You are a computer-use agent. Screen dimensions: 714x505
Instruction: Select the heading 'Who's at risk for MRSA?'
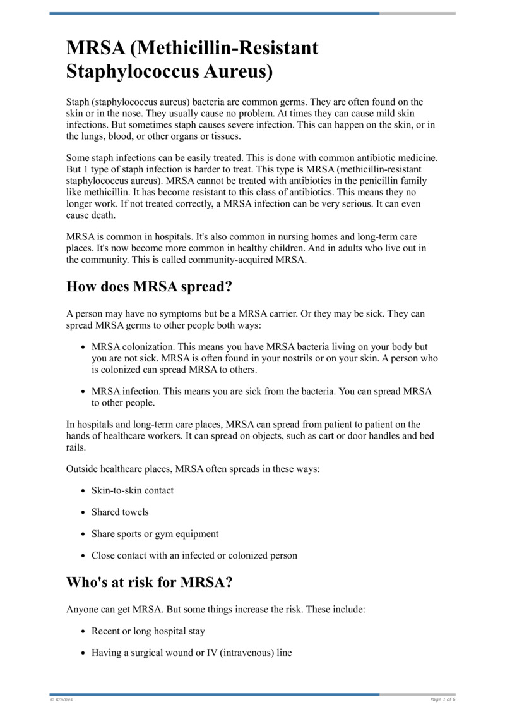[146, 582]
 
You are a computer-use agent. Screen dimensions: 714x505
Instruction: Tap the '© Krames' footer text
[61, 699]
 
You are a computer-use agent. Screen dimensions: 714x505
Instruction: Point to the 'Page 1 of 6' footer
[443, 699]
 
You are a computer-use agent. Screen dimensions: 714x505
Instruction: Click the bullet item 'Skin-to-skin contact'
[133, 490]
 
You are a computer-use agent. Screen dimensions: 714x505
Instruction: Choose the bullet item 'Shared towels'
[120, 512]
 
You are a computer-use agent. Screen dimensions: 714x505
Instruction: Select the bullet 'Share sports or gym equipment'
[155, 534]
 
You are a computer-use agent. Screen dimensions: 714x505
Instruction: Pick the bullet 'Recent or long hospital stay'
[148, 631]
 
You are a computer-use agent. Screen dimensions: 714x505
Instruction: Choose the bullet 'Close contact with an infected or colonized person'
[194, 556]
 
